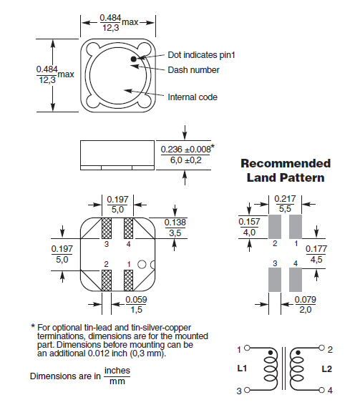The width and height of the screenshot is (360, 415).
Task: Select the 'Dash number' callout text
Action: (x=193, y=69)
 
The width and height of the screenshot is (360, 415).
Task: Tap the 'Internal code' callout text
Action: (x=192, y=97)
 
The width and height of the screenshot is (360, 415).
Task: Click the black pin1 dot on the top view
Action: (x=134, y=59)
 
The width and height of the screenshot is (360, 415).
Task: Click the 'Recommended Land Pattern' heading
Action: (x=286, y=170)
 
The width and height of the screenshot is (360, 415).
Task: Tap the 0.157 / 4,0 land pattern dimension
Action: (x=248, y=228)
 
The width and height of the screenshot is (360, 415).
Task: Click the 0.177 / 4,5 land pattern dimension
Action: (x=317, y=254)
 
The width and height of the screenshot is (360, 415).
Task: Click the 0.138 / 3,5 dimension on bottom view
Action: (x=175, y=228)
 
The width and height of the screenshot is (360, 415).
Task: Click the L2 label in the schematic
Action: (x=326, y=369)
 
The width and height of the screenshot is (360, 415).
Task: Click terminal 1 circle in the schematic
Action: (x=247, y=349)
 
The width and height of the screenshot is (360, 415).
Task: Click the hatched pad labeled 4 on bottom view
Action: (x=130, y=228)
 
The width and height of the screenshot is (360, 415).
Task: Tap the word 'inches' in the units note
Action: (x=117, y=371)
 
